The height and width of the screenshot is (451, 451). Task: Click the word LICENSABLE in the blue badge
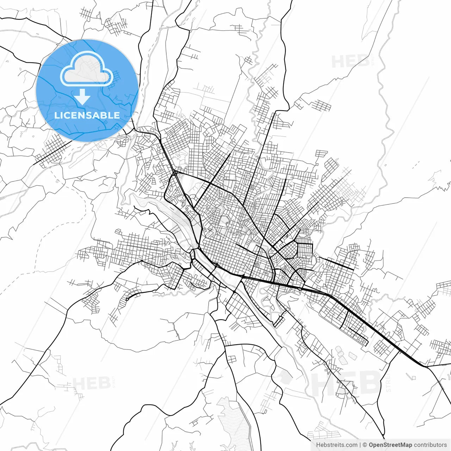(87, 115)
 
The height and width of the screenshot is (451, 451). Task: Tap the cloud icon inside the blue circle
(87, 68)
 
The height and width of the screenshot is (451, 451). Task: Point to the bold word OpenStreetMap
(390, 445)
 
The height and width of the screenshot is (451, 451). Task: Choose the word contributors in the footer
(430, 445)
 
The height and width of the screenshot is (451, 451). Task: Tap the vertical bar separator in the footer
(360, 445)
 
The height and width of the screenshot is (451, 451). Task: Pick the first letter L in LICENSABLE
(56, 115)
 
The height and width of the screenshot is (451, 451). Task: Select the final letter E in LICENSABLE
(117, 115)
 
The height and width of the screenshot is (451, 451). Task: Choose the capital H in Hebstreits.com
(319, 445)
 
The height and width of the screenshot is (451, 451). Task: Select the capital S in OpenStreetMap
(383, 445)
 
